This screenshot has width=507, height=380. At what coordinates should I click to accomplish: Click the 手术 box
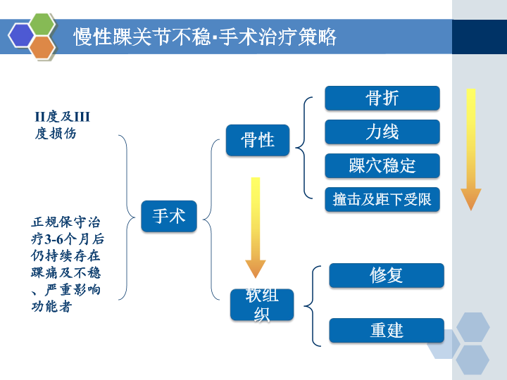pyautogui.click(x=169, y=216)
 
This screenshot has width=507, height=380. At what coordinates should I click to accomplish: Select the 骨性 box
pyautogui.click(x=258, y=139)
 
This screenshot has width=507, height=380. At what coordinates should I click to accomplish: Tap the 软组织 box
pyautogui.click(x=261, y=305)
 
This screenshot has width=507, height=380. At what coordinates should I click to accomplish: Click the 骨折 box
pyautogui.click(x=382, y=98)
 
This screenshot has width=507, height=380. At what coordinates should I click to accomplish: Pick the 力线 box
pyautogui.click(x=382, y=132)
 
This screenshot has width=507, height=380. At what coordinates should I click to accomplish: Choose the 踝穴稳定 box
pyautogui.click(x=382, y=165)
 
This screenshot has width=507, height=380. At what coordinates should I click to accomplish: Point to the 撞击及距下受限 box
pyautogui.click(x=382, y=199)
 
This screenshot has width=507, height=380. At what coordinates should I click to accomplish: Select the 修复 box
pyautogui.click(x=387, y=275)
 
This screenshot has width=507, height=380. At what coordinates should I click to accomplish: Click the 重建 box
pyautogui.click(x=387, y=330)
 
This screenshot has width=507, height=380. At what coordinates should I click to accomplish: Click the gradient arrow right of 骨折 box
pyautogui.click(x=470, y=148)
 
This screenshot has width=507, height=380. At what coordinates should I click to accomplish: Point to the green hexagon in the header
pyautogui.click(x=43, y=25)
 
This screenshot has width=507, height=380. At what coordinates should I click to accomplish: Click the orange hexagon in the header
pyautogui.click(x=43, y=46)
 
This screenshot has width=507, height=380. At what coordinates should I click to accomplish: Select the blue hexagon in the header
pyautogui.click(x=22, y=35)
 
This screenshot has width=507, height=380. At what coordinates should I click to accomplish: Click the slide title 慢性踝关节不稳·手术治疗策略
pyautogui.click(x=205, y=37)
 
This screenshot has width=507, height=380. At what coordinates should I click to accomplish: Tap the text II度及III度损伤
pyautogui.click(x=63, y=125)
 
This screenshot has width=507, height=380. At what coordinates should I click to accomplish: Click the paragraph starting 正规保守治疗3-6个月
pyautogui.click(x=66, y=264)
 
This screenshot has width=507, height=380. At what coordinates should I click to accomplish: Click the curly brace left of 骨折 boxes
pyautogui.click(x=303, y=148)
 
